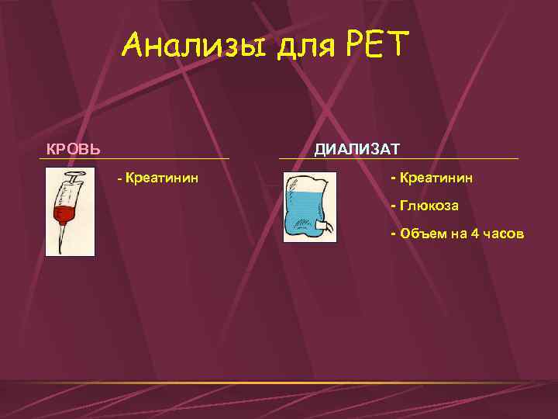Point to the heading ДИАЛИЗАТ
pyautogui.click(x=356, y=148)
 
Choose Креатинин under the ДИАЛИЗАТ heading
pyautogui.click(x=437, y=178)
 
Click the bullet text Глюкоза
pyautogui.click(x=429, y=206)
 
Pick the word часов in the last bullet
pyautogui.click(x=504, y=234)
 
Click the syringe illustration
pyautogui.click(x=70, y=212)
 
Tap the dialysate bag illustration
pyautogui.click(x=310, y=207)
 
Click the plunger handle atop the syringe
pyautogui.click(x=77, y=177)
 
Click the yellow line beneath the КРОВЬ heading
pyautogui.click(x=135, y=159)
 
